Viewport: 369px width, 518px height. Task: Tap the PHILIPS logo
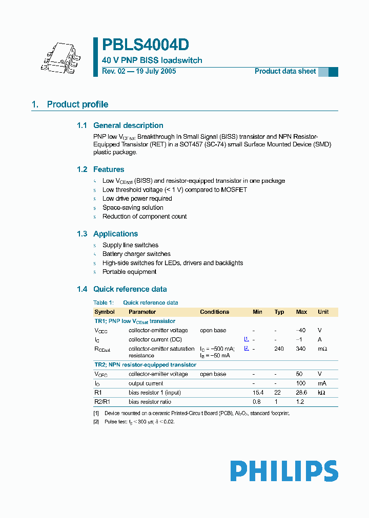[x=284, y=471]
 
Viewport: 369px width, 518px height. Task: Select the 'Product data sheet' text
[x=285, y=71]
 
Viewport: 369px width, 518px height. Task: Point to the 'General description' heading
[x=128, y=125]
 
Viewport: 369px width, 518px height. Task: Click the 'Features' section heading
[x=109, y=169]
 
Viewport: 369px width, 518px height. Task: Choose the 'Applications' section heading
[x=115, y=234]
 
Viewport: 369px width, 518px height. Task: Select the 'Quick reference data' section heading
[x=130, y=289]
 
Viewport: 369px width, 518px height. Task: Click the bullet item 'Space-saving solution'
[x=133, y=207]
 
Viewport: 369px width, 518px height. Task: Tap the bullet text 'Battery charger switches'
[x=136, y=254]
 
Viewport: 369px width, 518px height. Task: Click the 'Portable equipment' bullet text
[x=129, y=272]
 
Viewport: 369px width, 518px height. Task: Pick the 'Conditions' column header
[x=214, y=312]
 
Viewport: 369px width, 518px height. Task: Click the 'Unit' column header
[x=323, y=312]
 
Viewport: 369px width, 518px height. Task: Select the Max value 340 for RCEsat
[x=301, y=349]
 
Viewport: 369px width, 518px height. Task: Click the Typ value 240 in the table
[x=279, y=349]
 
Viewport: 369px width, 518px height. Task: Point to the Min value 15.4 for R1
[x=257, y=393]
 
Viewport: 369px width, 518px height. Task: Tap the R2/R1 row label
[x=102, y=402]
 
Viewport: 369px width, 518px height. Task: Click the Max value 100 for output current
[x=301, y=383]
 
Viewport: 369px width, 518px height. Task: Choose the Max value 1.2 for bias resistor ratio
[x=301, y=402]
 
